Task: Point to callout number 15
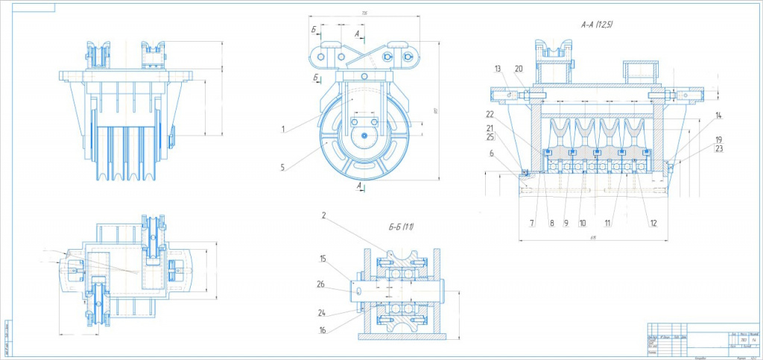click(x=324, y=259)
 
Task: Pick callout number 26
click(x=321, y=283)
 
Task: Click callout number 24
click(x=321, y=313)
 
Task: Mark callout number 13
click(x=498, y=69)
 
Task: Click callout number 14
click(x=718, y=116)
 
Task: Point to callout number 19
click(x=718, y=139)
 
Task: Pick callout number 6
click(x=493, y=154)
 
